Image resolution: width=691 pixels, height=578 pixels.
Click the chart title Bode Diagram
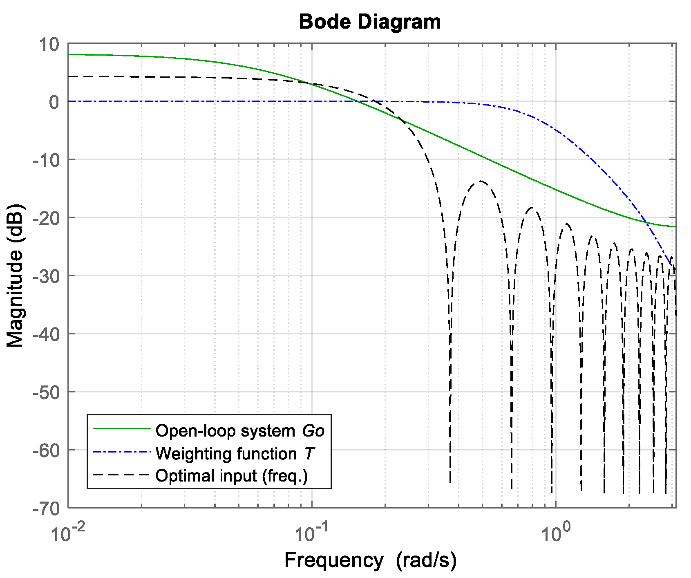[370, 22]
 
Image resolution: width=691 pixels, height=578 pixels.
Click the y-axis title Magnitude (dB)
[15, 276]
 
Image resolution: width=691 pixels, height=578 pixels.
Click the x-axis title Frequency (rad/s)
[370, 560]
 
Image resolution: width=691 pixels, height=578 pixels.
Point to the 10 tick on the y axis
[49, 44]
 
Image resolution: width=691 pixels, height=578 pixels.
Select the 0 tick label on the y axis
[54, 102]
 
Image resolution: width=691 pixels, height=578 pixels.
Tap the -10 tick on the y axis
[46, 160]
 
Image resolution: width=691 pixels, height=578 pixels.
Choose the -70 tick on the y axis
[46, 509]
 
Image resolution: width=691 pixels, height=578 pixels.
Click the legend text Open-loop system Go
[240, 431]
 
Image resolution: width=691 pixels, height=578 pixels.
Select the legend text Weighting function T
[235, 454]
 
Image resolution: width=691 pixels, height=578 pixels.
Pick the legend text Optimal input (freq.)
[231, 476]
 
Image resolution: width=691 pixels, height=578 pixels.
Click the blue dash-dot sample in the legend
[122, 452]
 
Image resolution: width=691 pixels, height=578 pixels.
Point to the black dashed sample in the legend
[122, 475]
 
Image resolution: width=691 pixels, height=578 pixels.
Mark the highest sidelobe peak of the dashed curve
[481, 181]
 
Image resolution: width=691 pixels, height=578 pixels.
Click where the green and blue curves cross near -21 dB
[646, 223]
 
